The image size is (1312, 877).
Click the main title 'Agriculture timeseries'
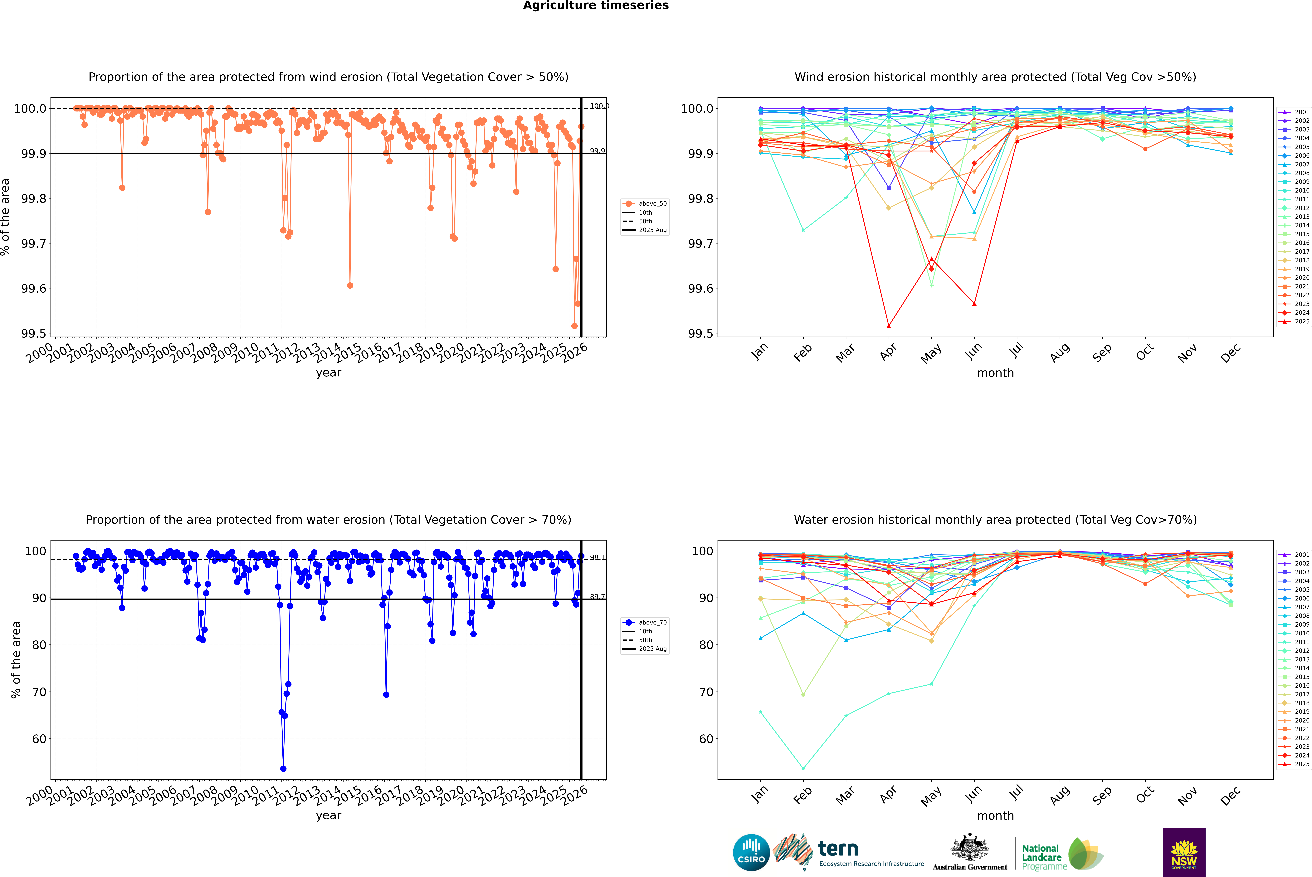pyautogui.click(x=596, y=6)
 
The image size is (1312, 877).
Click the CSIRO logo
pyautogui.click(x=751, y=852)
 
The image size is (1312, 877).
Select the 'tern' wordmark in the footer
pyautogui.click(x=838, y=849)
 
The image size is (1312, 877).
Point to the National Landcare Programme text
pyautogui.click(x=1041, y=857)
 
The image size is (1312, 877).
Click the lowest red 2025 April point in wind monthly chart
pyautogui.click(x=889, y=326)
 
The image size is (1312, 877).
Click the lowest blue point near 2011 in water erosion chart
pyautogui.click(x=283, y=768)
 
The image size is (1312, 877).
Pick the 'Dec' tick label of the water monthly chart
pyautogui.click(x=1230, y=795)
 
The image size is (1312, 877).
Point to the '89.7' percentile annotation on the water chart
pyautogui.click(x=597, y=597)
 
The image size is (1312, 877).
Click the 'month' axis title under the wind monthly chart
pyautogui.click(x=995, y=373)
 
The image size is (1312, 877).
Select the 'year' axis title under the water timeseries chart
pyautogui.click(x=328, y=816)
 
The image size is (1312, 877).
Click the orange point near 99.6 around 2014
pyautogui.click(x=350, y=285)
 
